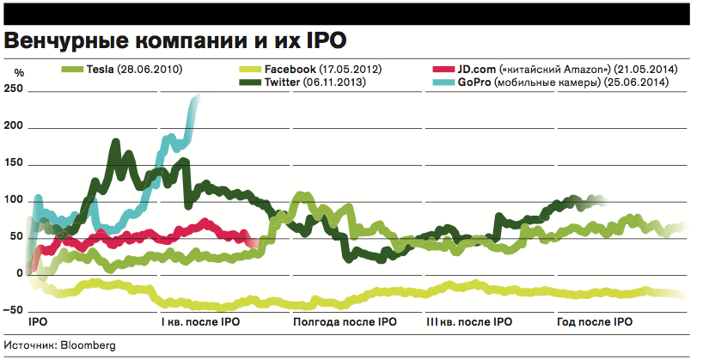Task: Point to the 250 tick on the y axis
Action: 15,90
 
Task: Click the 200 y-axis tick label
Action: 15,127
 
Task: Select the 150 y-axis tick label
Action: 15,163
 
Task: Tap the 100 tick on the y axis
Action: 15,200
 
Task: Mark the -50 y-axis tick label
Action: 15,309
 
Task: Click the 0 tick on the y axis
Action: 19,273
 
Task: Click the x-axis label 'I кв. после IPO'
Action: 200,323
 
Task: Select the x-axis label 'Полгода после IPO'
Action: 345,323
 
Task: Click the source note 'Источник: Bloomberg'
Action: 59,345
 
